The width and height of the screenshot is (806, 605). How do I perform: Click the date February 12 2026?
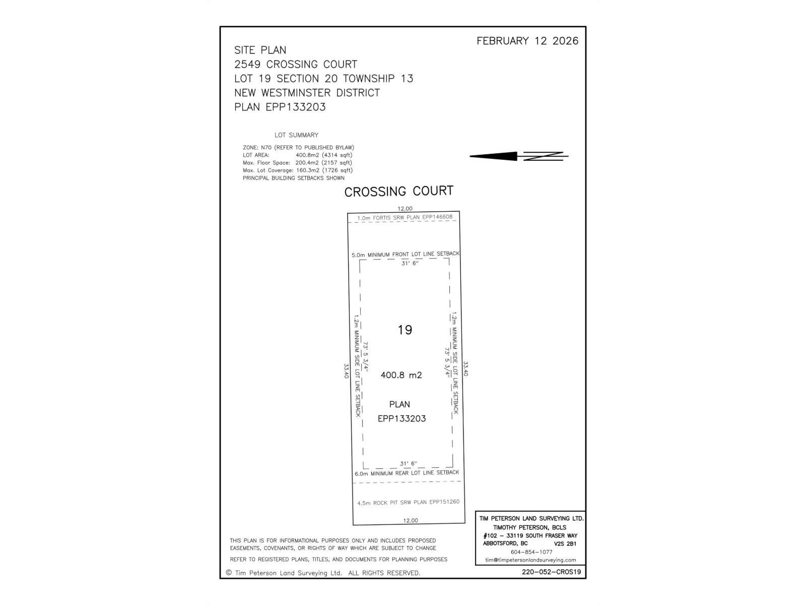527,41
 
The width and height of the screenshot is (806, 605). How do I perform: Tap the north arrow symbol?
519,156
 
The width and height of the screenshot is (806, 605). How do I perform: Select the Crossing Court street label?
398,191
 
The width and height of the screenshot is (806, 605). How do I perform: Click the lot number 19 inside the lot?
405,330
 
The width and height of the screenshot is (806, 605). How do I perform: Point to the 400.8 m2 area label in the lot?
401,375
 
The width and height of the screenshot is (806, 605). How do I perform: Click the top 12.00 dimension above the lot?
405,208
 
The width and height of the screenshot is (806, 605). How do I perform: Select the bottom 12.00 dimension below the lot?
411,520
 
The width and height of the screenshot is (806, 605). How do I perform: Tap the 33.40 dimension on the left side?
346,371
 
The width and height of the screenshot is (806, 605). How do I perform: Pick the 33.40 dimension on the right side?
466,369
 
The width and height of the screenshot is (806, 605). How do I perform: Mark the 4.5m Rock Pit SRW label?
408,503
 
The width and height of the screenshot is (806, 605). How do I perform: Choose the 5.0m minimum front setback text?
406,255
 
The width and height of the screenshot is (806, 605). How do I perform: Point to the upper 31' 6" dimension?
410,263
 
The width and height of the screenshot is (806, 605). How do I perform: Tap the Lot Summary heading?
296,135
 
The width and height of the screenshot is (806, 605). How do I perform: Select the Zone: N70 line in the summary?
298,148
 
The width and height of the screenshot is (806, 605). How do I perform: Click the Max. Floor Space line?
297,163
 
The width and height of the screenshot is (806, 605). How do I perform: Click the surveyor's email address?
530,560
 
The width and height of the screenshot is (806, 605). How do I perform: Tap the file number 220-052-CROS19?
552,572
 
